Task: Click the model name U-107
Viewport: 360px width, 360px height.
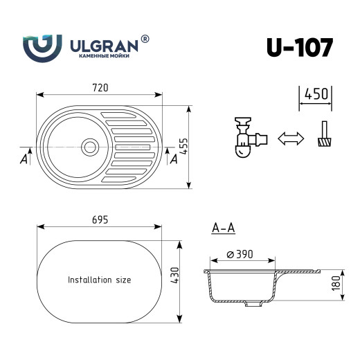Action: coord(299,47)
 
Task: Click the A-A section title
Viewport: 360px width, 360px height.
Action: coord(222,227)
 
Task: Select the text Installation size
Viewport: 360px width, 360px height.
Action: coord(99,280)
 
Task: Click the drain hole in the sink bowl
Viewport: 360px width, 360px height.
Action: coord(89,146)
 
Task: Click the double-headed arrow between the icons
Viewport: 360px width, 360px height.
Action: coord(291,138)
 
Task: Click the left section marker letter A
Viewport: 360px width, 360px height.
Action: coord(24,159)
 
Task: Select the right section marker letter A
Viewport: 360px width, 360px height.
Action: coord(174,159)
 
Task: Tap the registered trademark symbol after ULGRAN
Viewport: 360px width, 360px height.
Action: coord(145,40)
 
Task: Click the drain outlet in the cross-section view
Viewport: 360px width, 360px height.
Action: coord(254,304)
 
